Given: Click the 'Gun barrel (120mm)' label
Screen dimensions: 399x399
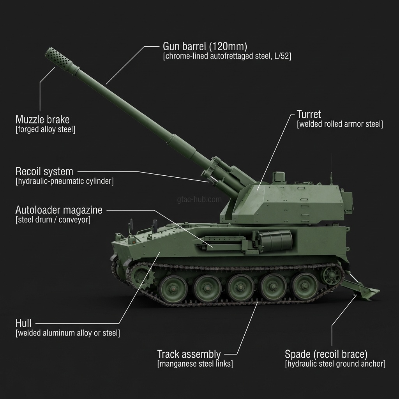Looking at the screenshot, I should click(x=205, y=46).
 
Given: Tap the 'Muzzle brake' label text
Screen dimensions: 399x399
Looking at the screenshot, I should click(x=42, y=119).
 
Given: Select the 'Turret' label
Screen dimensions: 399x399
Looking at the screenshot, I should click(x=309, y=114).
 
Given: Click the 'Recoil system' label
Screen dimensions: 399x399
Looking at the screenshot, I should click(x=44, y=171).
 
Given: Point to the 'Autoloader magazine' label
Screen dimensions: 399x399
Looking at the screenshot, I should click(x=59, y=210).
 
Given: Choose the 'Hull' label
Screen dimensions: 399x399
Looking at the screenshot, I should click(x=23, y=323).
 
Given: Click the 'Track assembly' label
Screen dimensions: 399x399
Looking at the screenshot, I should click(x=189, y=354).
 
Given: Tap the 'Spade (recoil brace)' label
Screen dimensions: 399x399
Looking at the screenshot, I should click(x=326, y=354).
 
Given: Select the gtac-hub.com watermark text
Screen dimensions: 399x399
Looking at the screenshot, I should click(x=199, y=199).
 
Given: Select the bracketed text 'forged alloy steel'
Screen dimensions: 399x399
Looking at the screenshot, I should click(x=45, y=129).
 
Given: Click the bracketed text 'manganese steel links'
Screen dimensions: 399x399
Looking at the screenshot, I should click(x=195, y=364).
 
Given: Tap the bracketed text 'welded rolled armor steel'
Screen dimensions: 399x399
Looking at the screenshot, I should click(x=340, y=124).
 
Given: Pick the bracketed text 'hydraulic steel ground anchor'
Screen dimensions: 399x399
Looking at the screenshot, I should click(x=335, y=364).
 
